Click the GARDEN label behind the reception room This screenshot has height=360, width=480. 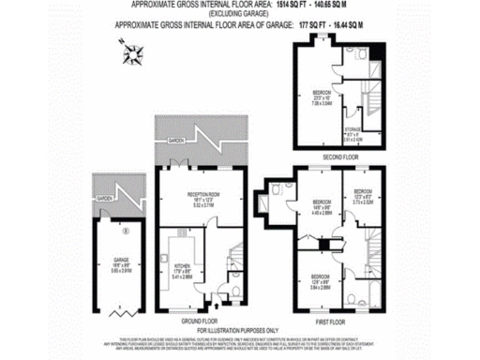(176, 140)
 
